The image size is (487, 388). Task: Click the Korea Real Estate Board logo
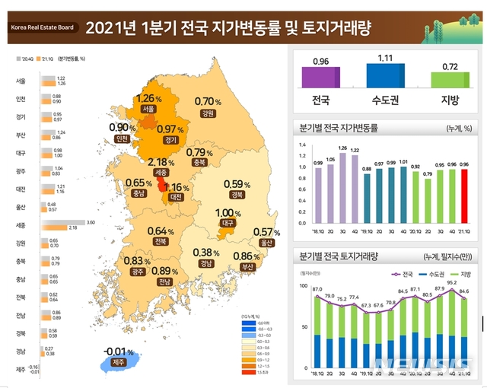tap(42, 27)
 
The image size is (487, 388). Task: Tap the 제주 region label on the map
tap(116, 363)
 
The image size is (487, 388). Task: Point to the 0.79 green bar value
tap(427, 173)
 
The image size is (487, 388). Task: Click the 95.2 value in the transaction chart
tap(450, 281)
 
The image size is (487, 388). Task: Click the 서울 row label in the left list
tap(21, 80)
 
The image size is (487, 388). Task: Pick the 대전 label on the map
tap(177, 198)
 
